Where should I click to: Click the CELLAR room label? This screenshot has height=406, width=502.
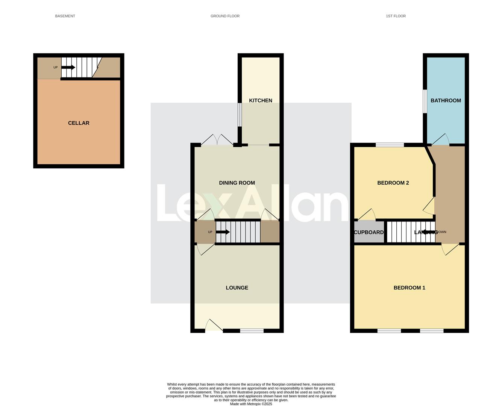click(x=79, y=123)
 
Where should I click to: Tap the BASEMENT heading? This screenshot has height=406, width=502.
click(x=65, y=16)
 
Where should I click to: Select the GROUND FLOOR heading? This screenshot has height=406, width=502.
click(x=225, y=16)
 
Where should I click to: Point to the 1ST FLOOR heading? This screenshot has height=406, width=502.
click(x=396, y=16)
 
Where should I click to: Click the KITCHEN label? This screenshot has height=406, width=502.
click(x=261, y=100)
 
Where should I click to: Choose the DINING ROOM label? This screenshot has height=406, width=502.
click(x=237, y=183)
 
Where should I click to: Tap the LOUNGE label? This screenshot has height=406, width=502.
click(x=237, y=288)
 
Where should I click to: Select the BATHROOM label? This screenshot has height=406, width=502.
click(x=446, y=100)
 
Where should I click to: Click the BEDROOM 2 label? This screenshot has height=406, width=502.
click(x=393, y=183)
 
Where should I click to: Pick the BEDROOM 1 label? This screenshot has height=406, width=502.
click(x=409, y=288)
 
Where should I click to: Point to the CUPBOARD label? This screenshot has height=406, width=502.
click(x=369, y=232)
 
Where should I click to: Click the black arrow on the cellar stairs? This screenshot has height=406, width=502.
click(x=68, y=67)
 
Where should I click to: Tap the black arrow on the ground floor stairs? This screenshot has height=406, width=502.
click(x=223, y=232)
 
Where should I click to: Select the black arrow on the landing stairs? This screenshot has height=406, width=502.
click(x=429, y=232)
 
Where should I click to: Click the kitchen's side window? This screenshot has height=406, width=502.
click(x=240, y=115)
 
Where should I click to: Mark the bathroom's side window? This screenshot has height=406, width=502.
click(x=425, y=101)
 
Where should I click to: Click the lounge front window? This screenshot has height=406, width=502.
click(x=252, y=331)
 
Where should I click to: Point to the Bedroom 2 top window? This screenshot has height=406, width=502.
click(x=390, y=145)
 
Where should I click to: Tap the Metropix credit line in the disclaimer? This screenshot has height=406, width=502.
click(x=251, y=404)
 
